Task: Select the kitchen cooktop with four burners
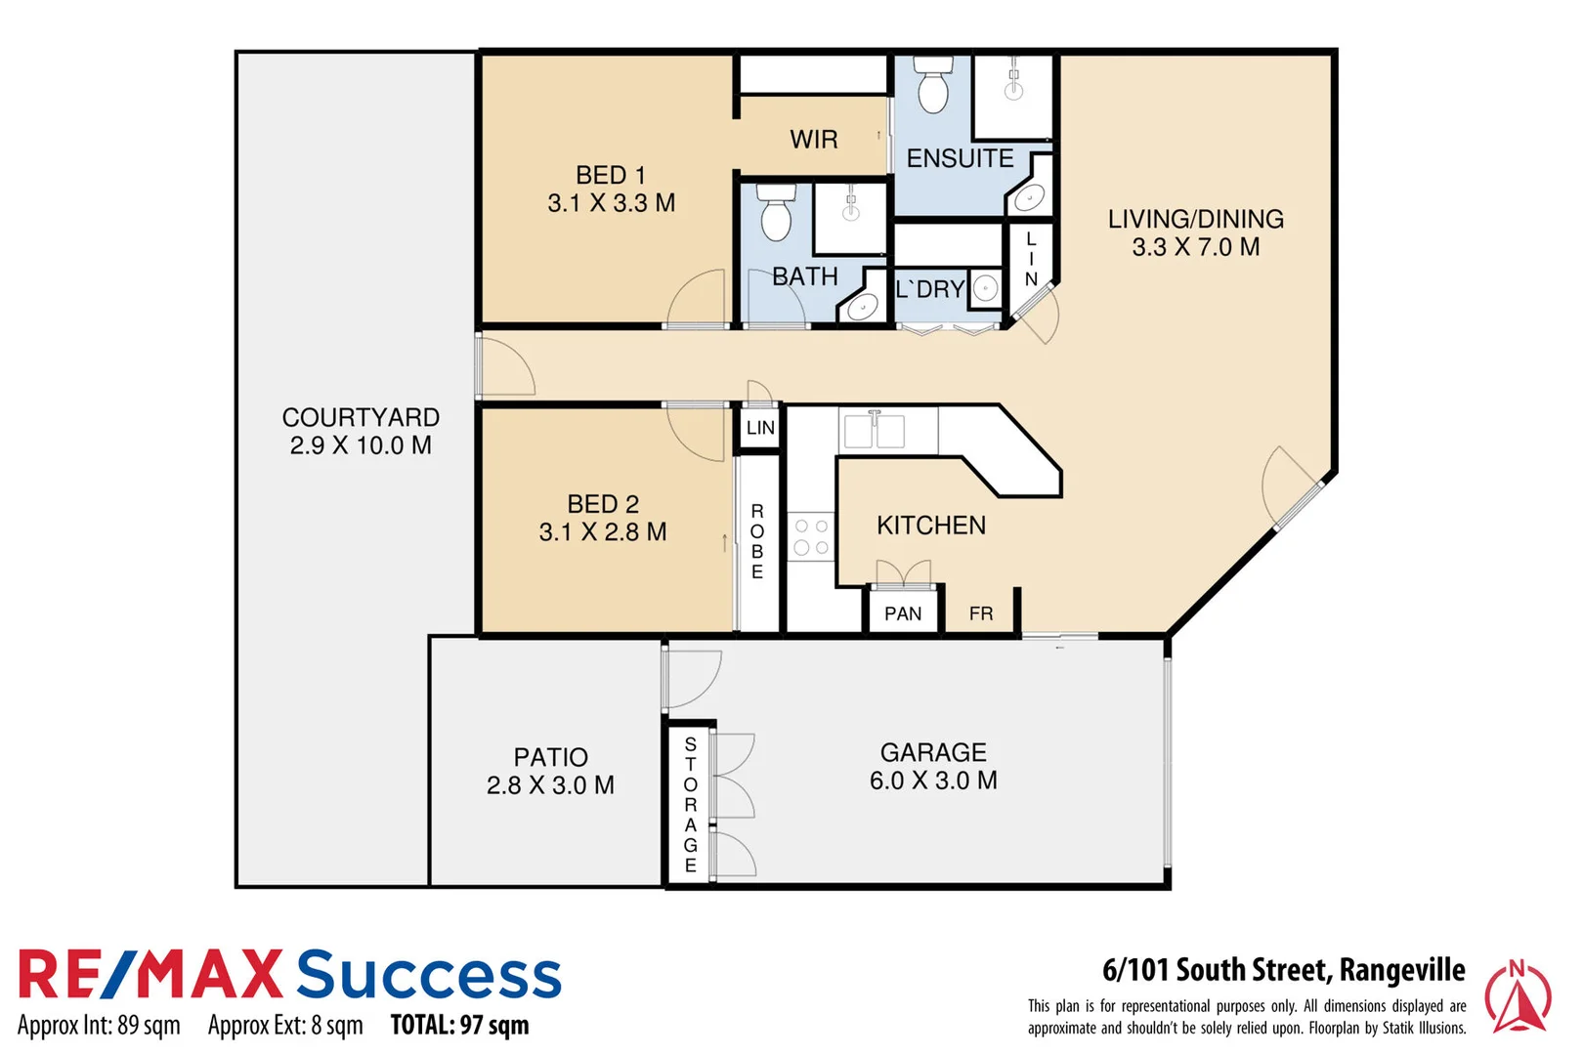pos(811,537)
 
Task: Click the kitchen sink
pos(875,430)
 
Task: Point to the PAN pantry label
pos(903,613)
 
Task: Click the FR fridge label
pos(981,613)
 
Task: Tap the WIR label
pos(814,140)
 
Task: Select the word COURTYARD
pos(361,417)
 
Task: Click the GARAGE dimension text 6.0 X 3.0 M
pos(933,781)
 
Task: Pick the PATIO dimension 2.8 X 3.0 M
pos(550,785)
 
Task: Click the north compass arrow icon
pos(1517,996)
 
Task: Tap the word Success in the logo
pos(429,975)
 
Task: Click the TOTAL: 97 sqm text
pos(459,1025)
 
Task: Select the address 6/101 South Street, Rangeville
pos(1283,970)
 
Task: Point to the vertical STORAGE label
pos(691,805)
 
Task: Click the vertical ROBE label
pos(757,541)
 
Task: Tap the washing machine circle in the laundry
pos(986,288)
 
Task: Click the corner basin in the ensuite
pos(1030,198)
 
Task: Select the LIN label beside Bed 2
pos(760,428)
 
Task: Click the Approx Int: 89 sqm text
pos(99,1026)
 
